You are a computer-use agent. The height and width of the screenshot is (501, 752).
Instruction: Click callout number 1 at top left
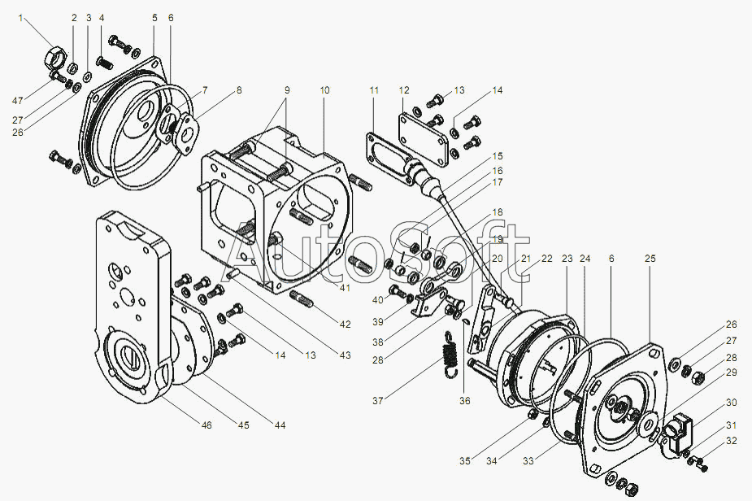click(x=22, y=18)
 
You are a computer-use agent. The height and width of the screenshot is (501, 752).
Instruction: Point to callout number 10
click(x=324, y=90)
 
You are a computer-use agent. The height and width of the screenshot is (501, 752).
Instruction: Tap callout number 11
click(x=374, y=90)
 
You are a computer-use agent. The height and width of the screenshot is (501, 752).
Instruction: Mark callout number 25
click(x=650, y=259)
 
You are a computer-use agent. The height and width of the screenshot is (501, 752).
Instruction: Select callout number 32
click(x=732, y=441)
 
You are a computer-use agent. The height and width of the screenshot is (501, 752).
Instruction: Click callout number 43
click(x=346, y=355)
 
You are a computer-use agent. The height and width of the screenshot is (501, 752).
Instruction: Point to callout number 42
click(x=346, y=325)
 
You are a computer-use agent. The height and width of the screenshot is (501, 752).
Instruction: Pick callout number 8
click(x=238, y=90)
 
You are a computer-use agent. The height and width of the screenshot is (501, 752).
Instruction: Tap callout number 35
click(x=464, y=461)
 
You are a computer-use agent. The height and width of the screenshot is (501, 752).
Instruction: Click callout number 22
click(x=547, y=259)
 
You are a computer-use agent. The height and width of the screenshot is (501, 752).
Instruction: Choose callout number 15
click(x=497, y=155)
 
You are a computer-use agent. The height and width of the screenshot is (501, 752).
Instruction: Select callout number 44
click(x=280, y=425)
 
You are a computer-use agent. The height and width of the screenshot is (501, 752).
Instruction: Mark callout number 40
click(x=377, y=300)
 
